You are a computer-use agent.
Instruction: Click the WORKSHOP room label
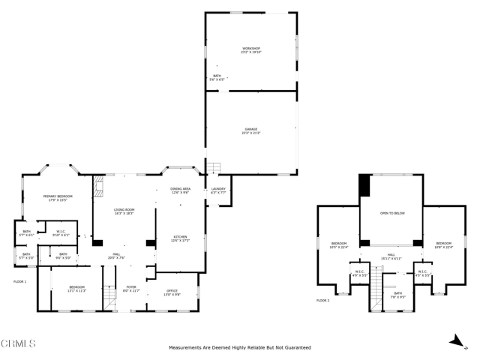pyautogui.click(x=251, y=50)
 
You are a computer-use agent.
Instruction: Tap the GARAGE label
pyautogui.click(x=251, y=130)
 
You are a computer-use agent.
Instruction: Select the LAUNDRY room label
pyautogui.click(x=218, y=190)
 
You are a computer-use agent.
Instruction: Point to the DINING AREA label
pyautogui.click(x=180, y=190)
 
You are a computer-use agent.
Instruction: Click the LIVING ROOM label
pyautogui.click(x=124, y=211)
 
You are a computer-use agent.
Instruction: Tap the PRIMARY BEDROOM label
pyautogui.click(x=58, y=197)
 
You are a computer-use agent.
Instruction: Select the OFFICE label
pyautogui.click(x=172, y=292)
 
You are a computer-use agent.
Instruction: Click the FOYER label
pyautogui.click(x=131, y=287)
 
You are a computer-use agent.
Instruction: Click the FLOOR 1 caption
pyautogui.click(x=20, y=281)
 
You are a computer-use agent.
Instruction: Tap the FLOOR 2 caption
pyautogui.click(x=322, y=300)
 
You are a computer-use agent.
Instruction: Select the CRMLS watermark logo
pyautogui.click(x=19, y=344)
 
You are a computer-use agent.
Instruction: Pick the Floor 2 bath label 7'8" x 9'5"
pyautogui.click(x=397, y=295)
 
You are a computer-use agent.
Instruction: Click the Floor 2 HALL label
pyautogui.click(x=391, y=256)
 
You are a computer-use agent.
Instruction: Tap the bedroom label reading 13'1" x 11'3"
pyautogui.click(x=77, y=288)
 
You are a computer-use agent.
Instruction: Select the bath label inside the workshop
pyautogui.click(x=217, y=76)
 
